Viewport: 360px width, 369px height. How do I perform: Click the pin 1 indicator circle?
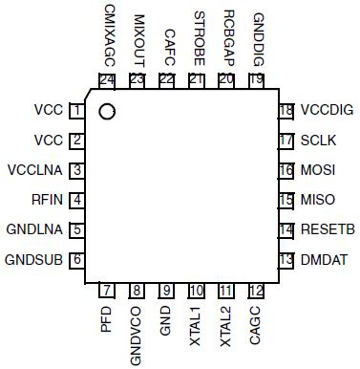tap(107, 112)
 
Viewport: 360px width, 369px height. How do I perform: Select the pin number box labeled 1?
tap(75, 111)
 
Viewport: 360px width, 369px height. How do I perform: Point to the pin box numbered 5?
tap(75, 229)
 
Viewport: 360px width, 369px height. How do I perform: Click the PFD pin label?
tap(106, 318)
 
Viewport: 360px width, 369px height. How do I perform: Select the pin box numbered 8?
tap(137, 291)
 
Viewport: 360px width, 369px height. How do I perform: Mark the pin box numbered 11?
tap(225, 291)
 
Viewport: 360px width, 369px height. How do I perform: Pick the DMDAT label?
tap(323, 259)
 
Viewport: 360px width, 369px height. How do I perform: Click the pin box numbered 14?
tap(286, 229)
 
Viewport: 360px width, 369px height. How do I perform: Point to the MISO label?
tap(317, 200)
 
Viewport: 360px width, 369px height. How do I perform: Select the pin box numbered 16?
tap(286, 170)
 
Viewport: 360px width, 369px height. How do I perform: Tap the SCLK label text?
tap(318, 141)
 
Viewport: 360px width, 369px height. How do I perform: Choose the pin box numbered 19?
tap(255, 80)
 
